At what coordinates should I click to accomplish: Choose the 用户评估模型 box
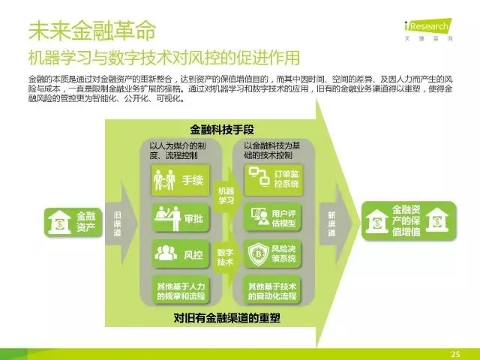click(x=273, y=217)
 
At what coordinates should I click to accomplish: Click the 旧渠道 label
click(x=118, y=224)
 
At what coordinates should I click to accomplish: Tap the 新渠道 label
click(x=331, y=224)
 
